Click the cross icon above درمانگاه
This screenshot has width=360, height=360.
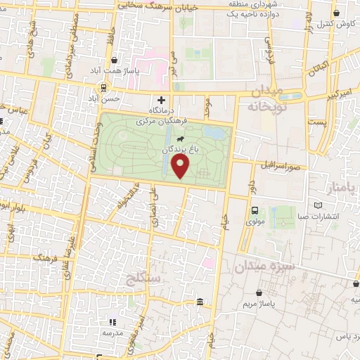[x=162, y=100]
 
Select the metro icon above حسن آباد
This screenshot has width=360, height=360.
[x=104, y=87]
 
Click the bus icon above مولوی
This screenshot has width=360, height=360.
[x=255, y=210]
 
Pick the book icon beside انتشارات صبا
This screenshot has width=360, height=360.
[x=320, y=205]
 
